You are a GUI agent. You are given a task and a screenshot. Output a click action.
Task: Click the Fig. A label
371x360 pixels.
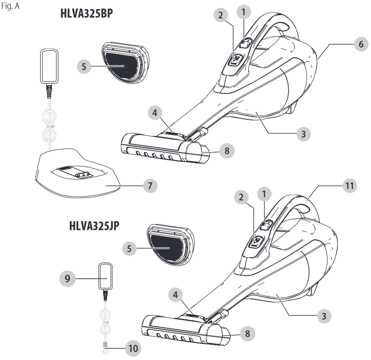(x=10, y=6)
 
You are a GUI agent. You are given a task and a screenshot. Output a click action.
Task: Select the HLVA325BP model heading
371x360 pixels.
(x=87, y=13)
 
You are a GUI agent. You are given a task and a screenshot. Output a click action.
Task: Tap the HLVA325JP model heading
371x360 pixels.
(x=94, y=225)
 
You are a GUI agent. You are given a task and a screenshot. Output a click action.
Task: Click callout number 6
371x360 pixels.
(x=361, y=44)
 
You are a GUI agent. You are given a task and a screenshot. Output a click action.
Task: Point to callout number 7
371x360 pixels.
(x=150, y=186)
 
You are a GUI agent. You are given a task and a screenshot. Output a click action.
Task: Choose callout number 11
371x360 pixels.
(x=350, y=186)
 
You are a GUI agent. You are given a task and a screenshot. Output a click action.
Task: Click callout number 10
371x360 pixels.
(x=133, y=348)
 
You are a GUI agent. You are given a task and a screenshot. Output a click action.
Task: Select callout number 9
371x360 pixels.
(x=67, y=279)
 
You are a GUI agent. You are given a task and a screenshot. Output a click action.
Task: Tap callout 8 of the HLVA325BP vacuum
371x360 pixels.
(x=227, y=151)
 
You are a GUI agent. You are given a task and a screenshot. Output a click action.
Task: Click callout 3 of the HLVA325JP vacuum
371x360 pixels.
(x=324, y=316)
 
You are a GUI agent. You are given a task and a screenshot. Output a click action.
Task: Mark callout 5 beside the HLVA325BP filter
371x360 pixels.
(x=84, y=66)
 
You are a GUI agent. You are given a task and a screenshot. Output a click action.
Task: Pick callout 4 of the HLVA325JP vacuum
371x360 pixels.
(x=175, y=295)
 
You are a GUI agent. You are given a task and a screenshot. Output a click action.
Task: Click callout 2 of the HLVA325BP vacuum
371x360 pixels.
(x=220, y=15)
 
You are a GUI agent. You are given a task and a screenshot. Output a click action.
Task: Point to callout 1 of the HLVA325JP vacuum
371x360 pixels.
(x=264, y=194)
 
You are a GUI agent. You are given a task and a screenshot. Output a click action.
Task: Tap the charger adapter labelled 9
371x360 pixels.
(x=105, y=276)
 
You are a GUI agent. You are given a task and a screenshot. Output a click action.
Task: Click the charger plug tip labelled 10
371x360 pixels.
(x=105, y=348)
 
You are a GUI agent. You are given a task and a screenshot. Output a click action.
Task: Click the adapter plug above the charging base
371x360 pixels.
(x=49, y=66)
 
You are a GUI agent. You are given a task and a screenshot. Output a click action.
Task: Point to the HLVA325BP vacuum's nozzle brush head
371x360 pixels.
(x=165, y=148)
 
